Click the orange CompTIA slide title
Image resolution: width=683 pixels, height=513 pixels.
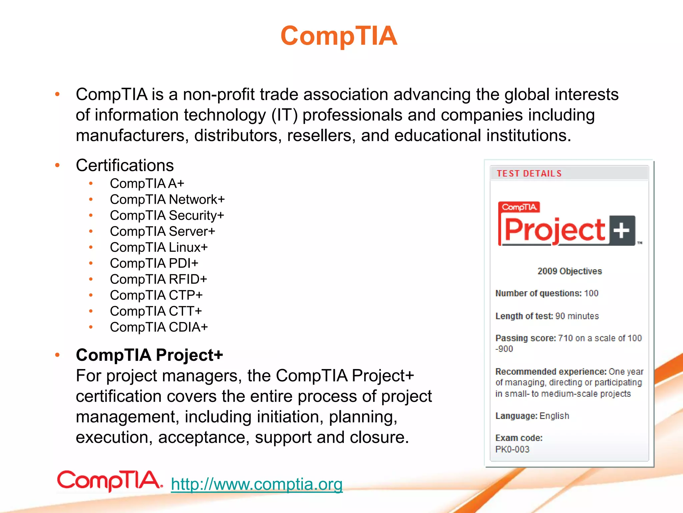click(339, 36)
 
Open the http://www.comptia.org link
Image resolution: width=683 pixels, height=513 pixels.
click(256, 484)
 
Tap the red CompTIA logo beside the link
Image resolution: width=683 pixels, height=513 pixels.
click(109, 481)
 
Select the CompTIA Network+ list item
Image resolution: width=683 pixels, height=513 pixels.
click(167, 199)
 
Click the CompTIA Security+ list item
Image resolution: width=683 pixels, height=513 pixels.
click(167, 215)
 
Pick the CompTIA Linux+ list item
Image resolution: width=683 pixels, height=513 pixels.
click(159, 247)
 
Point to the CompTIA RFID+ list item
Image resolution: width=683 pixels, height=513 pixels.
click(158, 279)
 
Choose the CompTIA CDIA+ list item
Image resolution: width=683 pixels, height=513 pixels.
click(159, 327)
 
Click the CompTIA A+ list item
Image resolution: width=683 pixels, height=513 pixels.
click(147, 183)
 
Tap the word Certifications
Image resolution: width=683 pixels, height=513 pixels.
click(125, 165)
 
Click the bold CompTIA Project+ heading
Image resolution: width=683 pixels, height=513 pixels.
click(149, 355)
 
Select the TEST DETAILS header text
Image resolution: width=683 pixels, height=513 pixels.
click(529, 174)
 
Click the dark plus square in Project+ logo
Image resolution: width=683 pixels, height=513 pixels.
click(622, 230)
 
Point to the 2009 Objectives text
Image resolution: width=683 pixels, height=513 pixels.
click(570, 271)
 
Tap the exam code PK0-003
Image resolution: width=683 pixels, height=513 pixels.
click(512, 449)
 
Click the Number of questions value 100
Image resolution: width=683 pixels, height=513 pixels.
click(591, 293)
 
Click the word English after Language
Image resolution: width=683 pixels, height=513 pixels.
click(554, 416)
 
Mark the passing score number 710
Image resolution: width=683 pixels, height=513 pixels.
click(565, 338)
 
